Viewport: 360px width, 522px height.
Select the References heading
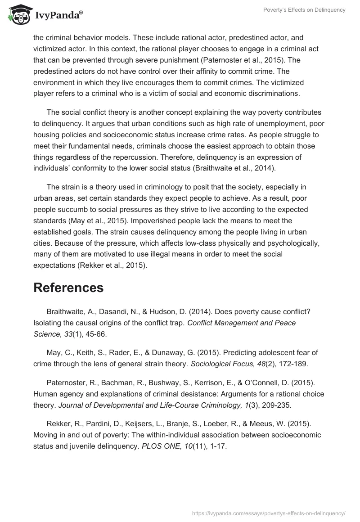click(68, 288)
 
